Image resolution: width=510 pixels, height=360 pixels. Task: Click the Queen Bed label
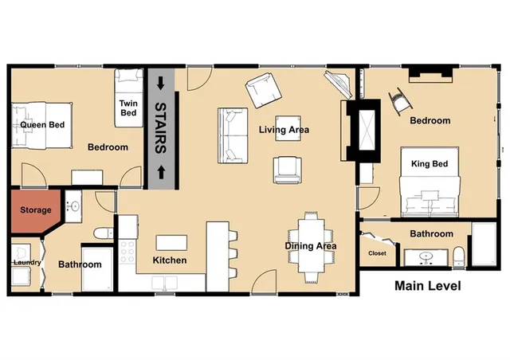point(42,125)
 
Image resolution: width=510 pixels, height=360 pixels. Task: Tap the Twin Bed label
point(128,108)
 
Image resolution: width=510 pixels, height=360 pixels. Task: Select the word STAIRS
point(160,127)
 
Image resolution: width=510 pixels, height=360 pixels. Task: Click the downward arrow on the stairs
point(160,83)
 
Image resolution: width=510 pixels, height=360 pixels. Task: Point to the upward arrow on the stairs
point(160,170)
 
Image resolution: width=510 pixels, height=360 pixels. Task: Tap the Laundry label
point(25,263)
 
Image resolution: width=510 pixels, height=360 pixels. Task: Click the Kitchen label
point(169,260)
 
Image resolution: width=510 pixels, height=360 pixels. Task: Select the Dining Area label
point(311,246)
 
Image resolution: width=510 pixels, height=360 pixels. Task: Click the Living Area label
point(284,130)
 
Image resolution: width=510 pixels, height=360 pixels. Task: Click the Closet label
point(377,254)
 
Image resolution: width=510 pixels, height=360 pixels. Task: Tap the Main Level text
point(428,286)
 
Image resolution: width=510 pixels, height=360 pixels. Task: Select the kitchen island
point(171,242)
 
